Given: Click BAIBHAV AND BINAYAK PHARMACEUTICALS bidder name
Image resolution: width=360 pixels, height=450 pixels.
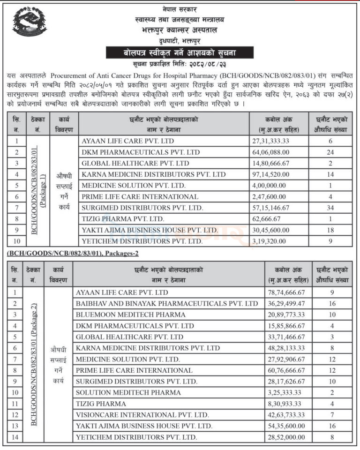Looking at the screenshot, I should coord(167,303).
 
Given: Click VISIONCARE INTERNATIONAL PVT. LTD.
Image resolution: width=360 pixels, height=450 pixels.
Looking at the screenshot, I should coord(142,415).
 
